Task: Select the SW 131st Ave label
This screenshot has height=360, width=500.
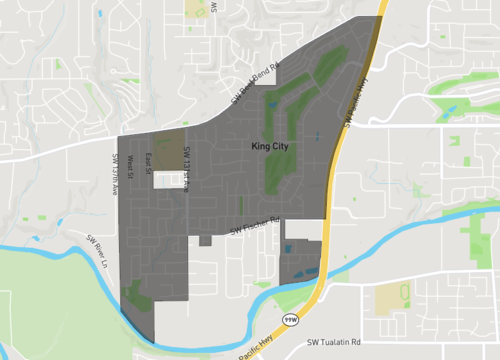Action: tap(187, 169)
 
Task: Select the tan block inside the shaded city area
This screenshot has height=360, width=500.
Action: tap(170, 143)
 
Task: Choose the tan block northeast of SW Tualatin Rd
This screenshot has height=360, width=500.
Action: tap(391, 296)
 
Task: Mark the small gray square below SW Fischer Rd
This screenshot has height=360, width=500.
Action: tap(205, 240)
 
